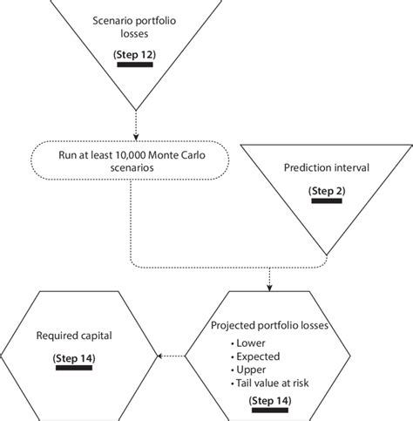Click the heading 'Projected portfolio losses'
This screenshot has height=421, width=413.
(x=269, y=326)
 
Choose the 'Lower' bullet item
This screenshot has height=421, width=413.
(x=251, y=342)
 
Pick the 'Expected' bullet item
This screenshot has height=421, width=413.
(x=258, y=356)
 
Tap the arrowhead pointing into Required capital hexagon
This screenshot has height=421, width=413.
(x=158, y=355)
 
